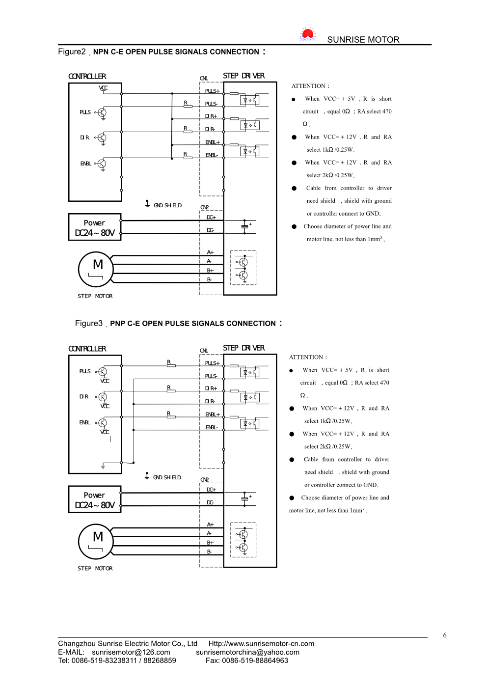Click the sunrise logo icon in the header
pos(307,34)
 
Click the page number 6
pos(445,635)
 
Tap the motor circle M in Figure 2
pos(96,269)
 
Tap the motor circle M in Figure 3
pos(96,541)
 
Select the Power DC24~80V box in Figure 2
pos(95,227)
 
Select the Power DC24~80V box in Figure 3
pos(95,499)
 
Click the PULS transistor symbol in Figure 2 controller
pos(102,112)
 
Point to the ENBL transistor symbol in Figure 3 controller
pos(102,423)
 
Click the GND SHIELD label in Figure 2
pos(167,205)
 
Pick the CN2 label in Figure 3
pos(205,480)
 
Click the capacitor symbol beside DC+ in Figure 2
pos(245,226)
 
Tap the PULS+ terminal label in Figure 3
pos(212,363)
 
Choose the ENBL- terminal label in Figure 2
pos(212,155)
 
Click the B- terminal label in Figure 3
pos(209,552)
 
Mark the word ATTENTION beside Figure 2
pos(309,86)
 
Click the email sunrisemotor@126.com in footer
pos(131,652)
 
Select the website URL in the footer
pos(261,644)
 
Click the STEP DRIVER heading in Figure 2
pos(243,76)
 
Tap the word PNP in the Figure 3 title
pos(117,324)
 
